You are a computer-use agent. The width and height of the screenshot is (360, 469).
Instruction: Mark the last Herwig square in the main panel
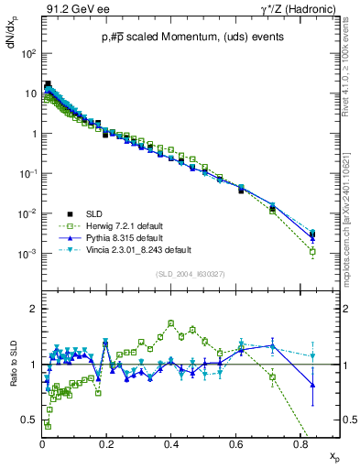tap(312, 251)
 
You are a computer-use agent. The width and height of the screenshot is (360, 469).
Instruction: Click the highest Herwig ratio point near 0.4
tap(171, 322)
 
